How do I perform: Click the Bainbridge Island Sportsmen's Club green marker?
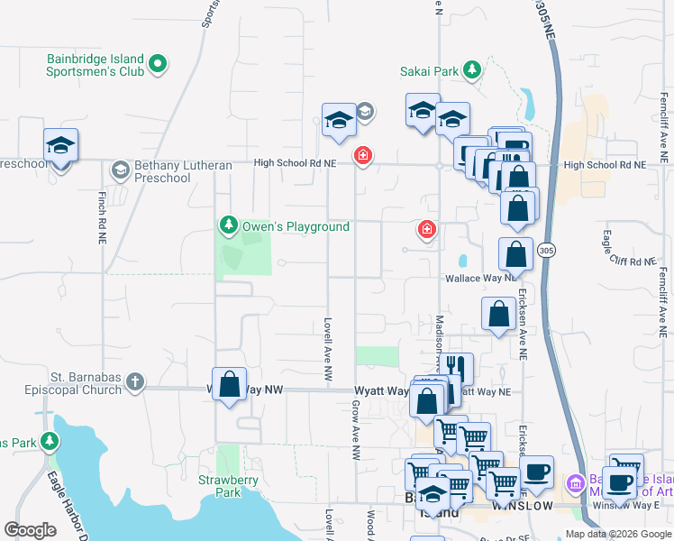[158, 63]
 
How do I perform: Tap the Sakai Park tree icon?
[470, 69]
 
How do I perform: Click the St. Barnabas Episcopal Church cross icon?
[135, 382]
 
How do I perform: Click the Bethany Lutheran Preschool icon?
[119, 170]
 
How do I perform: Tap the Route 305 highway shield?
[546, 250]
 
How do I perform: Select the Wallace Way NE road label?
[481, 280]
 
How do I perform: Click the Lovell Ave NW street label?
[328, 346]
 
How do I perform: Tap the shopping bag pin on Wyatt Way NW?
[230, 383]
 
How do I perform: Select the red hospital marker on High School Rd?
[363, 156]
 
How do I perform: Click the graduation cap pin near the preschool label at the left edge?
[60, 145]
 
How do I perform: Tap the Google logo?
[31, 530]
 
